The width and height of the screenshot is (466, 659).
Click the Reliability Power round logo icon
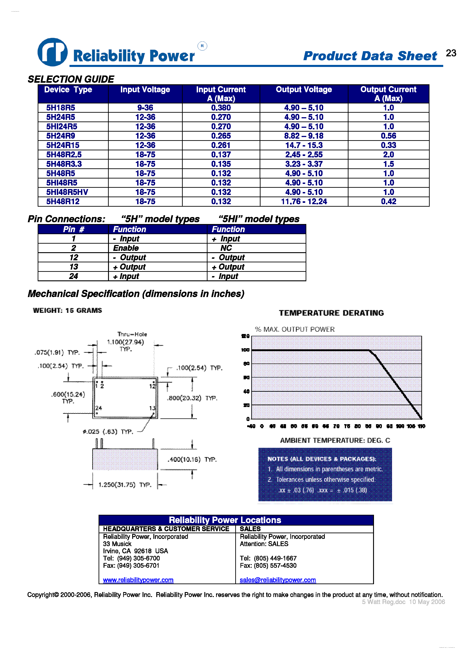53,52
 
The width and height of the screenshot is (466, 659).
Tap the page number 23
451,53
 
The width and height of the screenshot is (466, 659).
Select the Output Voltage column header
304,89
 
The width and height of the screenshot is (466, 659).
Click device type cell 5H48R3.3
64,164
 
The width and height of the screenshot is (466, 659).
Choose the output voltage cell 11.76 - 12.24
304,201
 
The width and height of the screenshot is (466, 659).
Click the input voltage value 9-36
145,108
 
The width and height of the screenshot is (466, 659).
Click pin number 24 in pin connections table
73,276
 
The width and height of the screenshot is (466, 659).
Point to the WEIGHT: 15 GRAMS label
67,310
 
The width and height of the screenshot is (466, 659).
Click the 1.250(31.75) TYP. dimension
125,485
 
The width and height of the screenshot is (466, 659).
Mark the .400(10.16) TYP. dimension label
192,460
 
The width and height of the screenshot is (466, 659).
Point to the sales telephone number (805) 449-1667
275,558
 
